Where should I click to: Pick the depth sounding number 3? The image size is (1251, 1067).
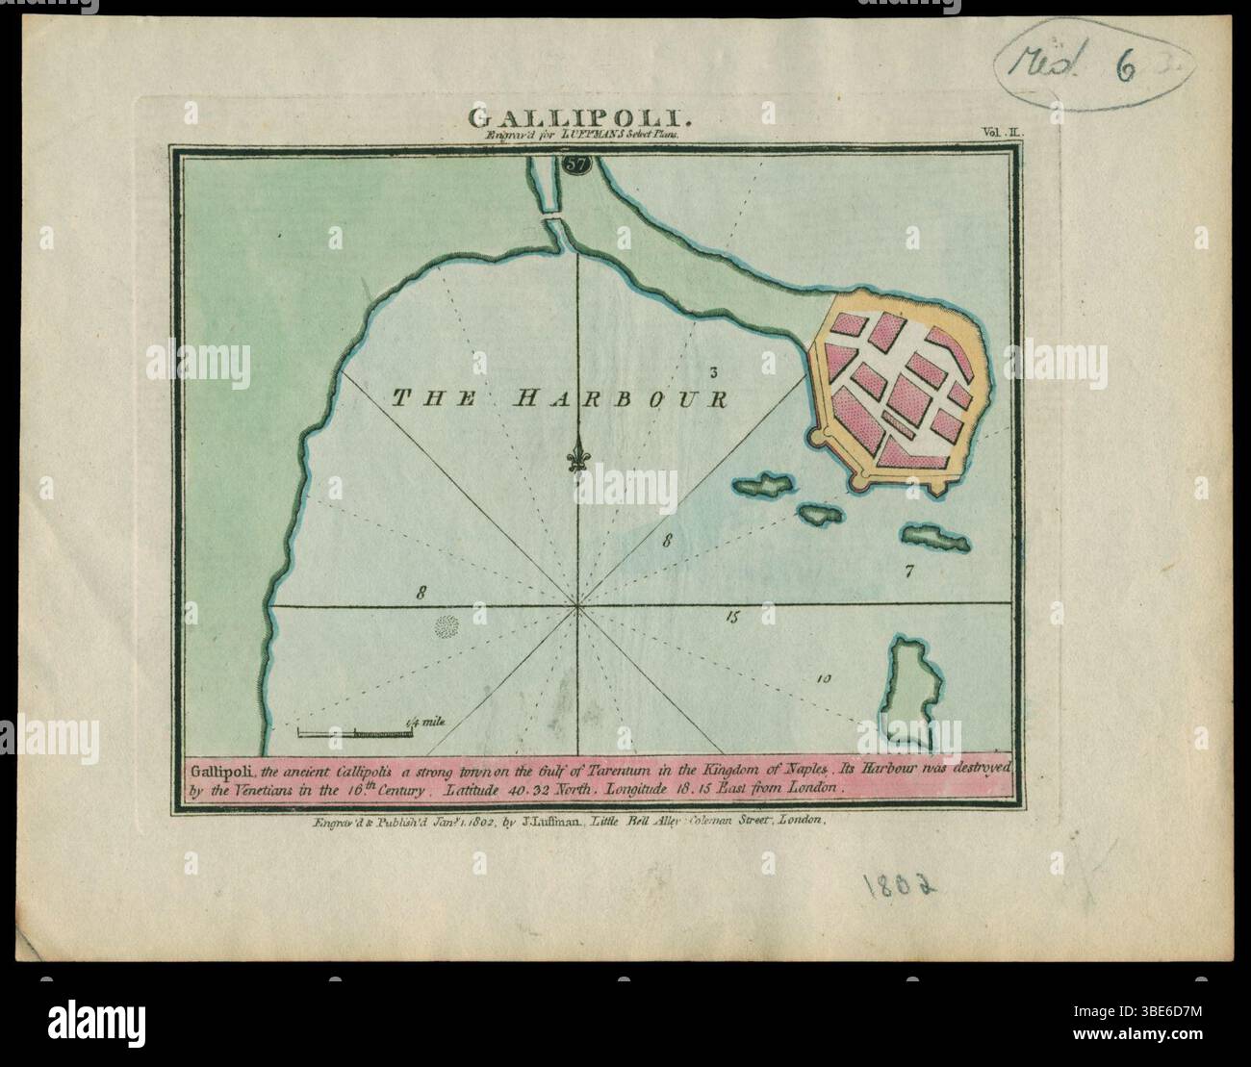(714, 371)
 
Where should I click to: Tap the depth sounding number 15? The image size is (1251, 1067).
(732, 618)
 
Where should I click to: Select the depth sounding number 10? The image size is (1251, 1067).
(823, 678)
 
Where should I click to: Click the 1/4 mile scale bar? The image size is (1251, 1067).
(356, 734)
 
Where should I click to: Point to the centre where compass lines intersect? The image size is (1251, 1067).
(577, 605)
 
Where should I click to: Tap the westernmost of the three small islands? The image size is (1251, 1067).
(763, 486)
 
